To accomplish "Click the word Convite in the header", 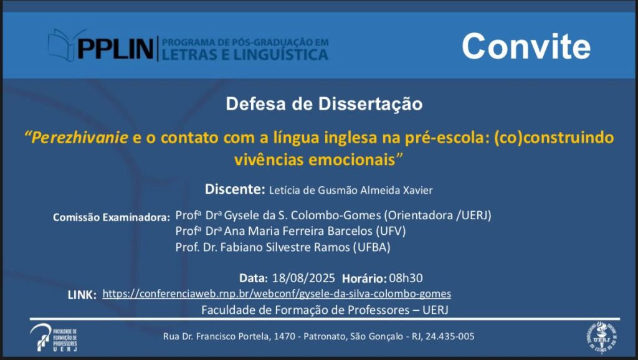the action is tap(526, 46).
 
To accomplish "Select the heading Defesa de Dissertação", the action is tap(324, 104).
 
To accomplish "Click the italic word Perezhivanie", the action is tap(80, 138).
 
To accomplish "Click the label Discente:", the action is tap(235, 189).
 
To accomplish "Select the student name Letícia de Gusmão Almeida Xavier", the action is tap(351, 191).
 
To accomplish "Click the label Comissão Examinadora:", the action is tap(111, 217).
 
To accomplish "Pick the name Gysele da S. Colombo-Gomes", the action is tap(302, 215).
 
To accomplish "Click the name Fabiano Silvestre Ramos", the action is tap(285, 247).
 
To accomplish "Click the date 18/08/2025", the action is tap(303, 278).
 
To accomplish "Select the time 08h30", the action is tap(406, 278).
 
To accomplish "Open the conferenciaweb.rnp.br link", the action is tap(277, 294).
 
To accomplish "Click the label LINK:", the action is tap(82, 295).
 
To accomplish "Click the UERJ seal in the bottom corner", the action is tap(601, 337).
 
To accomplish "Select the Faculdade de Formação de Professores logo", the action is tap(54, 338).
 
